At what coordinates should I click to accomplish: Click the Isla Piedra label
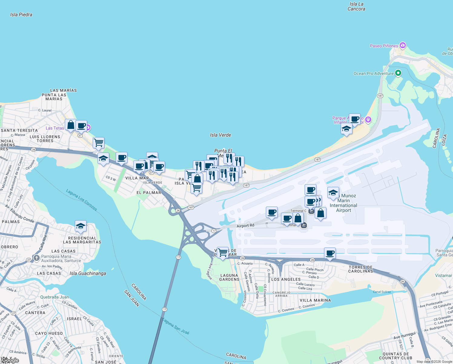(x=21, y=15)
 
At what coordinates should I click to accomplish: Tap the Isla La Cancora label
(x=356, y=6)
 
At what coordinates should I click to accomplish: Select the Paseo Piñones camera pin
(x=402, y=45)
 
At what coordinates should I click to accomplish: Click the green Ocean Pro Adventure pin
(x=398, y=73)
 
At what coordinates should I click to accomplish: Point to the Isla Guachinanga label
(x=88, y=273)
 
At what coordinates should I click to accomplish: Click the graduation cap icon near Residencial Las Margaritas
(x=81, y=226)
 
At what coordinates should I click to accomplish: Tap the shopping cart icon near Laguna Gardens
(x=223, y=252)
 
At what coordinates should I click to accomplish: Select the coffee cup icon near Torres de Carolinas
(x=330, y=253)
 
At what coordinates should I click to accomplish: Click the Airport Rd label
(x=245, y=226)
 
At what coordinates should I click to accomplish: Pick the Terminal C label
(x=298, y=211)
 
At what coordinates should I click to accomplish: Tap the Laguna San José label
(x=176, y=326)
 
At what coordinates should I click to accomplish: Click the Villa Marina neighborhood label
(x=315, y=300)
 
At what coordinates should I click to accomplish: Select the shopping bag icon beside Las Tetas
(x=71, y=125)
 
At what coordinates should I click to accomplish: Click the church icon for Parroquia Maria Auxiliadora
(x=36, y=258)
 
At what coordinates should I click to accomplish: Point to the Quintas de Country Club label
(x=396, y=356)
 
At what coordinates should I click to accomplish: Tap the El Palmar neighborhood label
(x=149, y=193)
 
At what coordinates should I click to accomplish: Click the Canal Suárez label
(x=382, y=292)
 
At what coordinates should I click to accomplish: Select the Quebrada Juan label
(x=55, y=297)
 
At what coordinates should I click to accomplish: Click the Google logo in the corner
(x=10, y=360)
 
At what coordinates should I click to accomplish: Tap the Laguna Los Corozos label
(x=82, y=200)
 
